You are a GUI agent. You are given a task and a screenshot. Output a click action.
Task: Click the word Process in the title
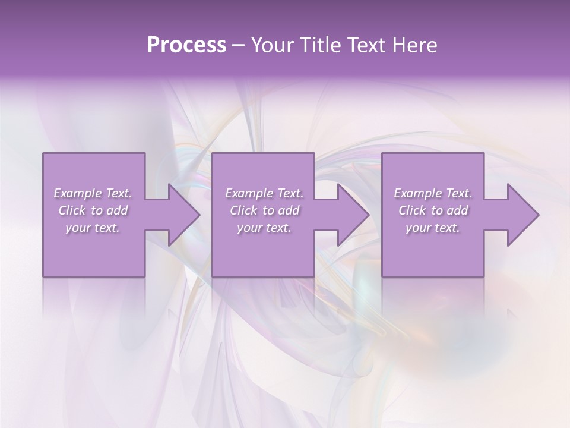coord(186,45)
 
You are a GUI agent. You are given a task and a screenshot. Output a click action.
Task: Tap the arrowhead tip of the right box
coord(538,215)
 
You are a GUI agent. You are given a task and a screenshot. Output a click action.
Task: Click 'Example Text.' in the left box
coord(93,193)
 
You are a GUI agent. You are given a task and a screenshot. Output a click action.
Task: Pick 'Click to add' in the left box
coord(93,210)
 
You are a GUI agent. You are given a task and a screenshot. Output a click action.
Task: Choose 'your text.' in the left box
coord(93,228)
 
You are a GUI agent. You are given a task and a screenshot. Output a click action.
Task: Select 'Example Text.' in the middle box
coord(264,193)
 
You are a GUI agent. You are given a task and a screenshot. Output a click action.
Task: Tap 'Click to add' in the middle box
coord(264,210)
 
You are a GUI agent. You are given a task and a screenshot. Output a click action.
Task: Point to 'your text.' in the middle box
coord(264,228)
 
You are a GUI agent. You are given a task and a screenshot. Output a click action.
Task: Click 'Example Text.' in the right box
coord(433,193)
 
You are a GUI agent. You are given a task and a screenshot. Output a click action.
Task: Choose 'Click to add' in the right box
coord(433,210)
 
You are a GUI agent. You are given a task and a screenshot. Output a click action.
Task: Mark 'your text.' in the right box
coord(433,228)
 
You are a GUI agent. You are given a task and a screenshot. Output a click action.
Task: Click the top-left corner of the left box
coord(43,153)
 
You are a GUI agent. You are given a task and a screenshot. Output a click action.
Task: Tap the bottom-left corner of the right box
coord(382,276)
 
